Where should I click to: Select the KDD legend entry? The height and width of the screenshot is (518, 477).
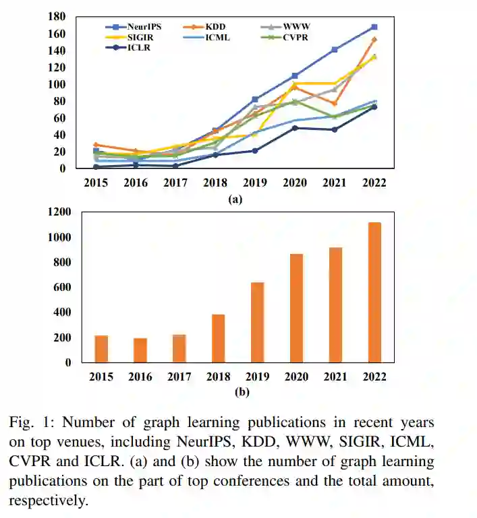[209, 26]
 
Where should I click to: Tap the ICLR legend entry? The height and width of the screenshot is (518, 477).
[132, 47]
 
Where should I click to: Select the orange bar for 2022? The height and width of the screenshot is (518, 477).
[374, 292]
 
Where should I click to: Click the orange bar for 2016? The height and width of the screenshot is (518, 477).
[140, 350]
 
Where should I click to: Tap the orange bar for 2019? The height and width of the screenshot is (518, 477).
[257, 323]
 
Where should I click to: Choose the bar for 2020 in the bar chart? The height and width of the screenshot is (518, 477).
[296, 309]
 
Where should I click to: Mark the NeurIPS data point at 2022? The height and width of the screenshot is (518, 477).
[374, 27]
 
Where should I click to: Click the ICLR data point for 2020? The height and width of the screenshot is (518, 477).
[295, 128]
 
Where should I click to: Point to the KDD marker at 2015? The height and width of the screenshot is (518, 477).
[96, 145]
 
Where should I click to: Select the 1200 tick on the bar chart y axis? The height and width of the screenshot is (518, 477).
[59, 212]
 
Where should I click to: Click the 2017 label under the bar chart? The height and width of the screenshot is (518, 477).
[179, 377]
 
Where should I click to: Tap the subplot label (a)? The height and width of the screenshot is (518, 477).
[235, 199]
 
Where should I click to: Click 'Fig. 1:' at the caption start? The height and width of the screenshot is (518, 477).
[32, 422]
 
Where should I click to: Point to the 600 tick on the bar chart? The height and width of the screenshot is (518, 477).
[63, 288]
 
